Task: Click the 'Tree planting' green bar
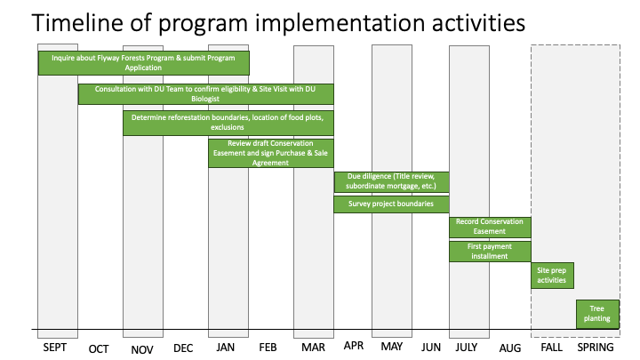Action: click(x=597, y=315)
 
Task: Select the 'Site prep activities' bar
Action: click(x=552, y=276)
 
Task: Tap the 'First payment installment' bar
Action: click(x=490, y=252)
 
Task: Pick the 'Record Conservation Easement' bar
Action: click(x=490, y=227)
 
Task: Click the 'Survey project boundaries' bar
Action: click(x=391, y=204)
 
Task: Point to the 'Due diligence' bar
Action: click(x=391, y=181)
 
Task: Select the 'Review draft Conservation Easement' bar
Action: click(x=270, y=153)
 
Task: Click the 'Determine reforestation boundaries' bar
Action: click(x=228, y=123)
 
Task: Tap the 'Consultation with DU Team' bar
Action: click(x=205, y=94)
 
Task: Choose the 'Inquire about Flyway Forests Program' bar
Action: click(x=144, y=63)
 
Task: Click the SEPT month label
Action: click(x=55, y=348)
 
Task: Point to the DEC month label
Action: click(x=183, y=348)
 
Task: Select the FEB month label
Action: click(x=268, y=348)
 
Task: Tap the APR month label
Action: click(x=354, y=346)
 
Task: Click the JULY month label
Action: click(x=467, y=348)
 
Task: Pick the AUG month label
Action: click(x=510, y=348)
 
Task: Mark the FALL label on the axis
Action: click(x=551, y=348)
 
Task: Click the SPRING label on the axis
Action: click(x=596, y=348)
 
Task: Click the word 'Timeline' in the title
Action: click(x=77, y=22)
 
